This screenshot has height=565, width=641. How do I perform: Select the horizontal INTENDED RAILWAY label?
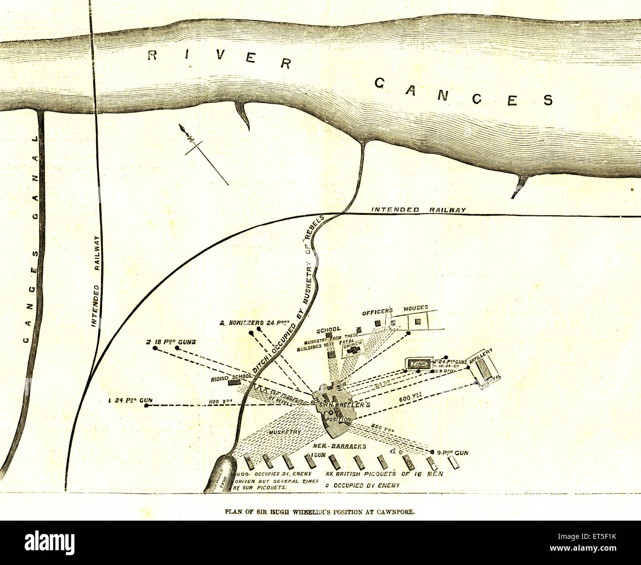(x=418, y=210)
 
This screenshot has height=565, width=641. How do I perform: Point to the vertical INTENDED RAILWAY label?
(x=97, y=282)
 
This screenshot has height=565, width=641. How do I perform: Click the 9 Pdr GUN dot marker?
(x=432, y=452)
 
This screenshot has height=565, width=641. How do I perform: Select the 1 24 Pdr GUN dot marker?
(x=146, y=405)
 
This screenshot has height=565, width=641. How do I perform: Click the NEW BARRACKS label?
(x=340, y=446)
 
